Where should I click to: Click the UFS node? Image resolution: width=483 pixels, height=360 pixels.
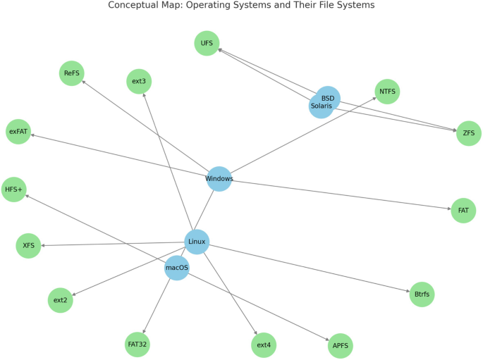[x=207, y=43]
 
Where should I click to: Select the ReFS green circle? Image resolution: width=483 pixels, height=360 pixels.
[x=71, y=73]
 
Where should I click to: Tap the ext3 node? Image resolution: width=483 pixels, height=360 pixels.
[x=139, y=81]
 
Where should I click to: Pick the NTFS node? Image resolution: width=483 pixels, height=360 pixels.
[x=387, y=92]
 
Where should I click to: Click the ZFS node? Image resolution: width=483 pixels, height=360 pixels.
[x=468, y=133]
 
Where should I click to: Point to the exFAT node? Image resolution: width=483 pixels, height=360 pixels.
[x=18, y=132]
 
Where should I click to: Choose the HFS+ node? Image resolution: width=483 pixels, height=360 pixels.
[x=13, y=190]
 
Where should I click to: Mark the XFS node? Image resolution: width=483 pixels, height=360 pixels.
[x=28, y=246]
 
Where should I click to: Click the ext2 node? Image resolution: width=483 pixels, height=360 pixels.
[x=61, y=300]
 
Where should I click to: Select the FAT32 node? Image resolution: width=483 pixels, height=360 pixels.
[x=137, y=345]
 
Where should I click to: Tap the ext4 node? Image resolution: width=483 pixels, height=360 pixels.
[x=264, y=345]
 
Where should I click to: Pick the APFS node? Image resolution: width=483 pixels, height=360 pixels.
[x=340, y=346]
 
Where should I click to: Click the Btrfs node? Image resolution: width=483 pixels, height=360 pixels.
[x=422, y=294]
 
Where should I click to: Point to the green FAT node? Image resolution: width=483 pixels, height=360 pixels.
[x=463, y=211]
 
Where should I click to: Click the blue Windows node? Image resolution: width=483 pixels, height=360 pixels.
[x=219, y=179]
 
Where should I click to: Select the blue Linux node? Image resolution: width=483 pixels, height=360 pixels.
[x=197, y=242]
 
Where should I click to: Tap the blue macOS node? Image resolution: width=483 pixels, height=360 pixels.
[x=177, y=268]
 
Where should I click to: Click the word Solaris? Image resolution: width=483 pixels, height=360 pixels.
[x=321, y=106]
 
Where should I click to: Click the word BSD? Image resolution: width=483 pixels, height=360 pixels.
[x=328, y=98]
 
